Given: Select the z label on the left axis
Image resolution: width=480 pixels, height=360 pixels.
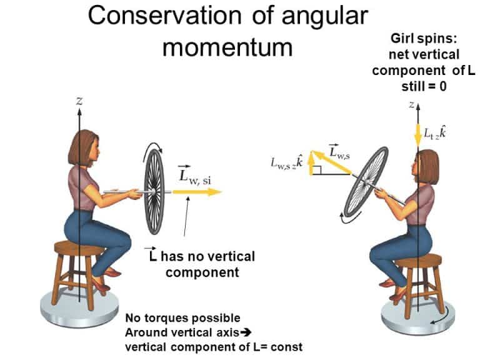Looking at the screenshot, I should [x=79, y=101].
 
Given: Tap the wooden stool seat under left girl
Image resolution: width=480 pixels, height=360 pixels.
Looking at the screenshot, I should [x=79, y=249].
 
